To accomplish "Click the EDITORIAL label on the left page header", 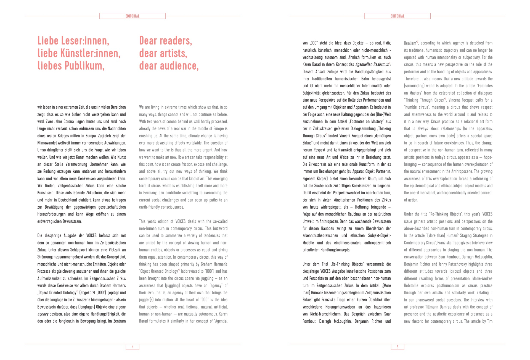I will (x=132, y=16).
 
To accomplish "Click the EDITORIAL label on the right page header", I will (x=397, y=16).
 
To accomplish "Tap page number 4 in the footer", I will (x=132, y=347).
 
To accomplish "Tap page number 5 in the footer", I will (x=397, y=347).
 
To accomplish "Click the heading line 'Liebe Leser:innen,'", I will (x=73, y=41).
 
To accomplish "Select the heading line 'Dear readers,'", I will (x=165, y=41).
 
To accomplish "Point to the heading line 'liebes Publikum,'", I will (x=71, y=66).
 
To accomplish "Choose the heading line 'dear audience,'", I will (x=169, y=66).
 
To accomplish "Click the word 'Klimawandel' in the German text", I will (x=47, y=143).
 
